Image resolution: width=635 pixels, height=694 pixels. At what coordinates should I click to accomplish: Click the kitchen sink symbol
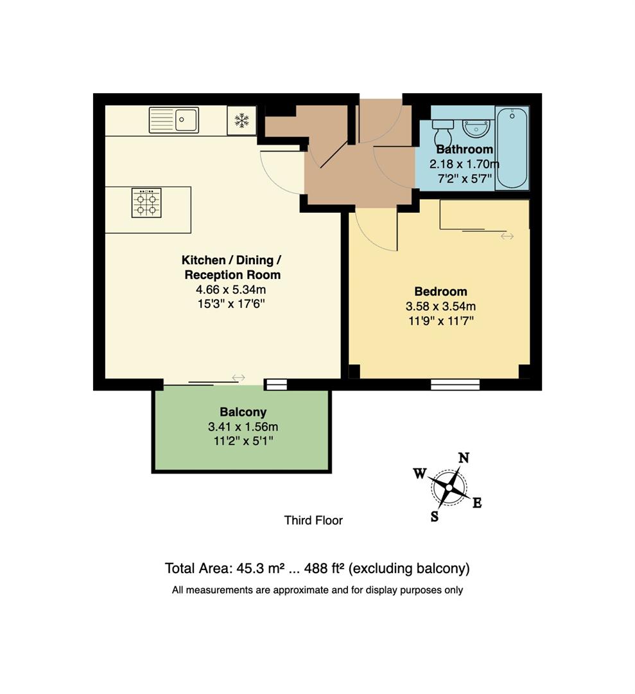[174, 120]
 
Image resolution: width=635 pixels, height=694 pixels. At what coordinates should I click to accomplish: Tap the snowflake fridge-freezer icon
[241, 120]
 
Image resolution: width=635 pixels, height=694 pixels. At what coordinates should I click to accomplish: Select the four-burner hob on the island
[146, 203]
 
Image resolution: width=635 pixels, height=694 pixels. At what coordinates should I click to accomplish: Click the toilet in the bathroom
[443, 133]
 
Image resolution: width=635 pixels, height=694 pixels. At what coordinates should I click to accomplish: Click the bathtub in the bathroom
[512, 148]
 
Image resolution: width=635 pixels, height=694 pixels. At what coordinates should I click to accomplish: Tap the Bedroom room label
[440, 291]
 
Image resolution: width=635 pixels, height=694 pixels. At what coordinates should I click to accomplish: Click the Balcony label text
[243, 412]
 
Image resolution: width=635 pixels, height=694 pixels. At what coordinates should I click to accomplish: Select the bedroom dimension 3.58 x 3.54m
[440, 306]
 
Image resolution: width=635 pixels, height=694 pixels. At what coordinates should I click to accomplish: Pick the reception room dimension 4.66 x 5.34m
[232, 289]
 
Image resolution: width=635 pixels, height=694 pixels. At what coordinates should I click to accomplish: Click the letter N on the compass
[463, 458]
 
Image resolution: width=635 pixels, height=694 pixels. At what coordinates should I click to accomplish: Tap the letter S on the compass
[435, 516]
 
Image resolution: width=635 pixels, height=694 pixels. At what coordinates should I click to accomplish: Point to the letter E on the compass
[477, 503]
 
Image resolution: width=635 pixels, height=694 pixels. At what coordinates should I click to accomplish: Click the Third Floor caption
[313, 520]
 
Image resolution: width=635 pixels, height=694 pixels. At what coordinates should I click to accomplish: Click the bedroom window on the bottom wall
[455, 384]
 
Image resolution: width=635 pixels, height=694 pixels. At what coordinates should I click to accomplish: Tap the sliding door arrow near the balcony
[239, 377]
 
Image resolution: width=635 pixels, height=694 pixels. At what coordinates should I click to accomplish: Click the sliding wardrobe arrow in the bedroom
[507, 236]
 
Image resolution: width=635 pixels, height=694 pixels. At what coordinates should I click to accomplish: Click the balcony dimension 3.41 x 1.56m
[243, 427]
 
